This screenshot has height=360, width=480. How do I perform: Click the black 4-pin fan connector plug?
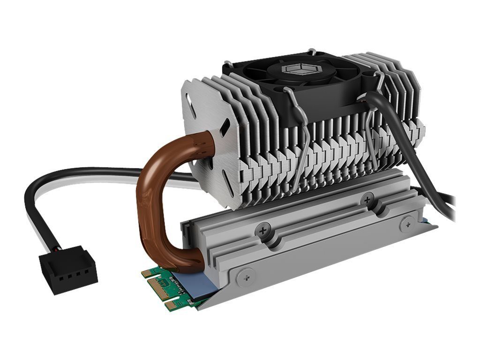(68, 271)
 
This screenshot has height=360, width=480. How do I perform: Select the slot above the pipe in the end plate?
(225, 127)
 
